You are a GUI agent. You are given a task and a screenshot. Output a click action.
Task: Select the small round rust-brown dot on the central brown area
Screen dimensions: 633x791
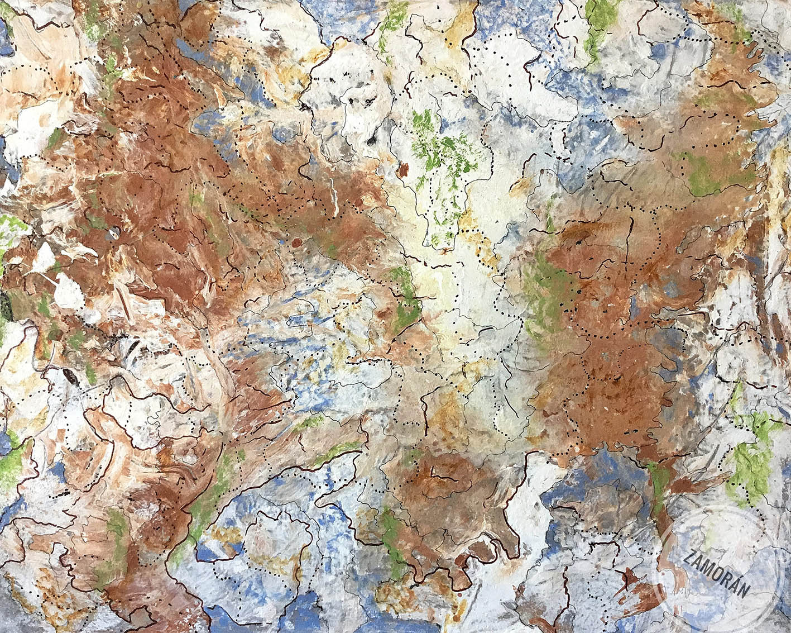pos(295,242)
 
